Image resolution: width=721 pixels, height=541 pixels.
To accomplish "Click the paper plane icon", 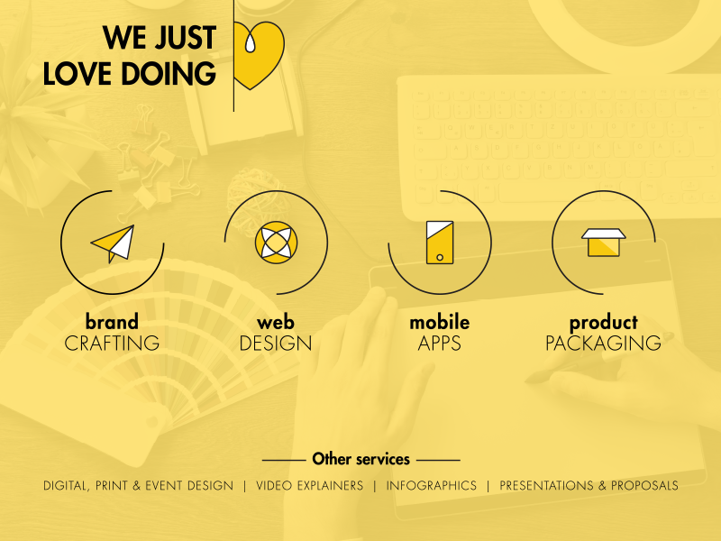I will [x=114, y=243].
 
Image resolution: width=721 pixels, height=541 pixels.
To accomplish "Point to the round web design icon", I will [x=276, y=242].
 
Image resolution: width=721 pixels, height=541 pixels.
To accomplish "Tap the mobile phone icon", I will [x=439, y=242].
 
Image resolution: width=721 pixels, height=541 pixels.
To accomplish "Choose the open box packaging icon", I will [x=603, y=242].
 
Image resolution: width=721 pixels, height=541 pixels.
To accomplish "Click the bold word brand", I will [x=112, y=322].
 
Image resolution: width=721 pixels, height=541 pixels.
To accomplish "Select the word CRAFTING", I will [x=112, y=344].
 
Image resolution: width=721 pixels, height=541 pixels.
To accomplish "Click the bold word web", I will [x=276, y=322].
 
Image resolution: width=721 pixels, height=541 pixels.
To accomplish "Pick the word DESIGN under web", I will [x=276, y=344].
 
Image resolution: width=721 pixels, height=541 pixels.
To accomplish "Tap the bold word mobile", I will [x=439, y=322].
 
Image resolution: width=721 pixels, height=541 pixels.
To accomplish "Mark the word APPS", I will [x=439, y=344].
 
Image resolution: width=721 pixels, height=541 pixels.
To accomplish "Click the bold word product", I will [x=603, y=322].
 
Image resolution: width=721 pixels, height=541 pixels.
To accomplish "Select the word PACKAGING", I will [x=603, y=344].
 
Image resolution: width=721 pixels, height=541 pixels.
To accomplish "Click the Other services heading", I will [x=360, y=459].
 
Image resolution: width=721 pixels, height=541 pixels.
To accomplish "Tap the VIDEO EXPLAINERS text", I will [x=309, y=485].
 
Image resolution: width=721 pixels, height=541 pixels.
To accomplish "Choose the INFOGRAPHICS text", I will [x=431, y=485].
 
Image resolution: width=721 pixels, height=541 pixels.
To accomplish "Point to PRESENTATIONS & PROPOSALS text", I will [x=589, y=485].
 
